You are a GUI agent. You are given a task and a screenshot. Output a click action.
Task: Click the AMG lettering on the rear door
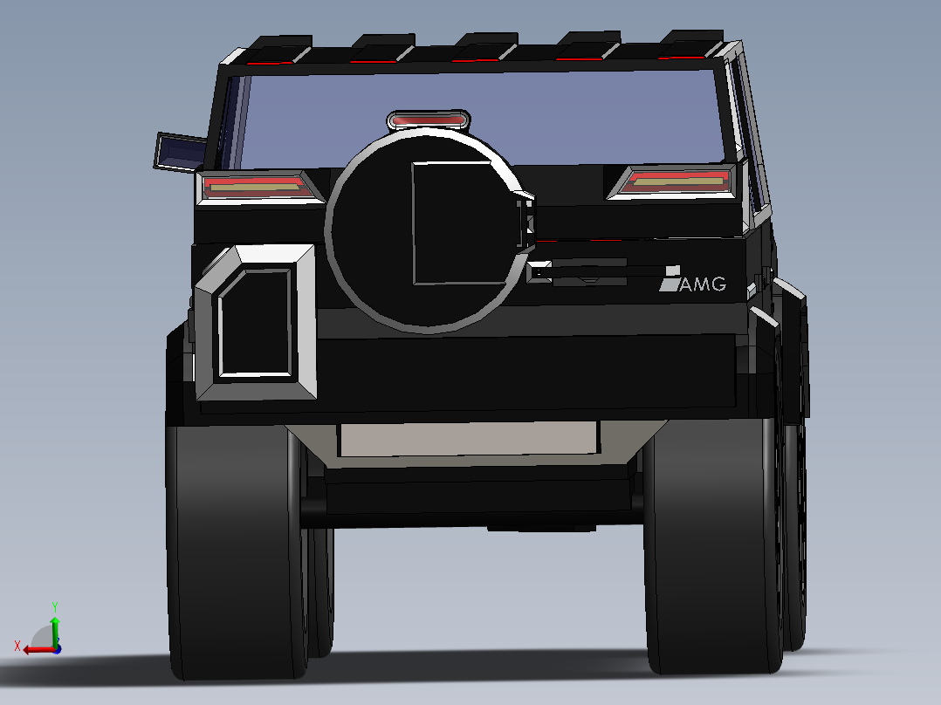tap(703, 284)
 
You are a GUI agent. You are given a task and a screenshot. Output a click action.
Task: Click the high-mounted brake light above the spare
tap(428, 120)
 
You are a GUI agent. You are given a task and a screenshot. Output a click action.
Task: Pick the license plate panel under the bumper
tap(469, 439)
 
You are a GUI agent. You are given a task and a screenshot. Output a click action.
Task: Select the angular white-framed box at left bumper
tap(256, 322)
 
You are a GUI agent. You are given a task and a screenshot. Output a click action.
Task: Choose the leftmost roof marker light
tap(271, 63)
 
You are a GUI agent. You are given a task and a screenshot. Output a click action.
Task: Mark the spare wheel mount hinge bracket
tap(526, 223)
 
